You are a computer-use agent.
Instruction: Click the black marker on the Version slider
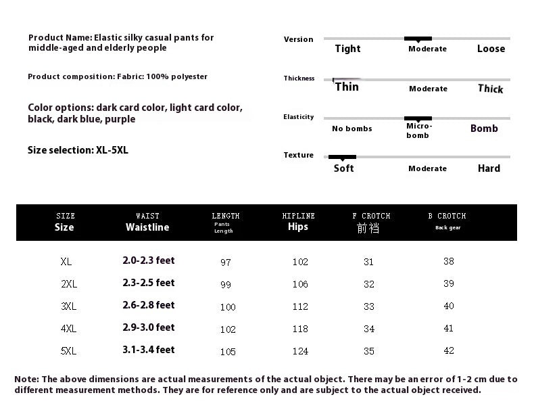(418, 39)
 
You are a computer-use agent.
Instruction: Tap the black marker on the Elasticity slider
(418, 118)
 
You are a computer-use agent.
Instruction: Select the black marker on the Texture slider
(342, 157)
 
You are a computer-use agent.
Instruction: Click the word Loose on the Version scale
(491, 49)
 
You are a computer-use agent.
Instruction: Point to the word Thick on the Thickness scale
(490, 89)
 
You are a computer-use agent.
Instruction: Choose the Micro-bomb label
(418, 131)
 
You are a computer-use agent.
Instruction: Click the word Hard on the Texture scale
(489, 168)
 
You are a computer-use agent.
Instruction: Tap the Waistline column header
(147, 227)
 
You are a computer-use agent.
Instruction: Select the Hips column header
(297, 227)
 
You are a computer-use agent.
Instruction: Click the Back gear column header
(447, 228)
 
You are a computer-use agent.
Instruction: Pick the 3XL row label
(68, 306)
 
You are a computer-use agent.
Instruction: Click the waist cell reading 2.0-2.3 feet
(149, 260)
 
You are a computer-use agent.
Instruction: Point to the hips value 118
(300, 329)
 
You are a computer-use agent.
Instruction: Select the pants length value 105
(228, 352)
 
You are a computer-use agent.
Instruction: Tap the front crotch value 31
(368, 262)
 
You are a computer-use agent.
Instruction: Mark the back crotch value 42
(449, 350)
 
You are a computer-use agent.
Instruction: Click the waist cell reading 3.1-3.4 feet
(149, 350)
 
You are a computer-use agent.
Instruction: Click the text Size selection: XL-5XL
(78, 150)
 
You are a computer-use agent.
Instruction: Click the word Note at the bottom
(26, 379)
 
